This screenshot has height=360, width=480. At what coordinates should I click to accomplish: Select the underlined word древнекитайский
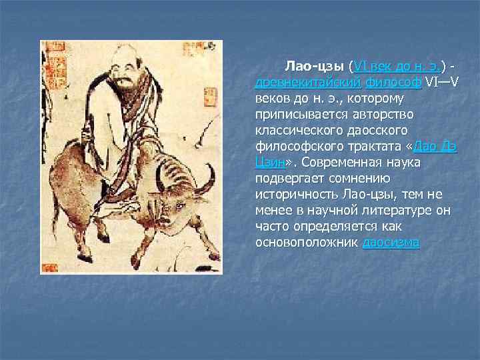coord(308,83)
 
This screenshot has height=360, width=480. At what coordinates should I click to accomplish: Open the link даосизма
coord(391,243)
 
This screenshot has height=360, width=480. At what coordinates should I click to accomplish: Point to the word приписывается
coord(299,115)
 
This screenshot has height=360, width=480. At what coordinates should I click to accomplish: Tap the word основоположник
coord(307,243)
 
